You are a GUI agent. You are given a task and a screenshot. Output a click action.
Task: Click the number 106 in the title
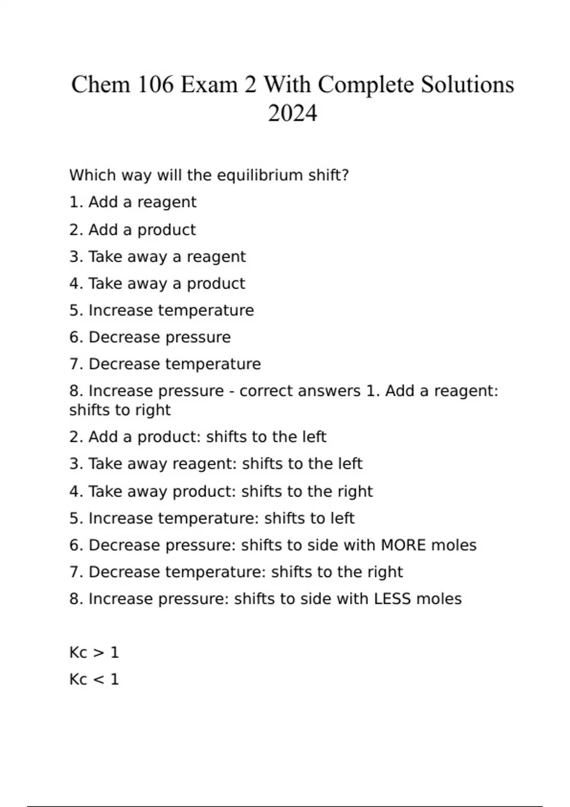(156, 85)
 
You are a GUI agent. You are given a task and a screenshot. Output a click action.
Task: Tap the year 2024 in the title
(292, 113)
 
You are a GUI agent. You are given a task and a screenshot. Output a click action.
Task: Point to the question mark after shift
(345, 175)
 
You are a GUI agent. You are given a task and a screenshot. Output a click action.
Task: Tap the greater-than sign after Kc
(98, 653)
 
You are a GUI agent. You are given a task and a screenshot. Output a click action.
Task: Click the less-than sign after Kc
(98, 679)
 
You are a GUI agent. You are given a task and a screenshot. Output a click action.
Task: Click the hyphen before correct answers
(231, 391)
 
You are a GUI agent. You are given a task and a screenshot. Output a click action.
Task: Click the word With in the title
(288, 85)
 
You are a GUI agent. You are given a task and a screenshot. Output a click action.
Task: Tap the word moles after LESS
(439, 599)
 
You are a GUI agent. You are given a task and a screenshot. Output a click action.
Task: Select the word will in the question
(169, 175)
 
